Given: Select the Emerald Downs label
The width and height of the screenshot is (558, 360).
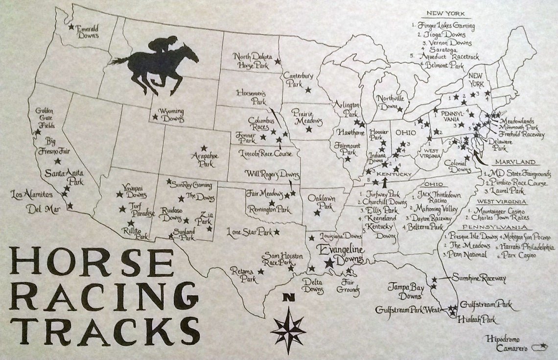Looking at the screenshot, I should coord(89,32).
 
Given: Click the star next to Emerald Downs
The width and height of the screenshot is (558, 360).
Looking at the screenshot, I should coord(71,27).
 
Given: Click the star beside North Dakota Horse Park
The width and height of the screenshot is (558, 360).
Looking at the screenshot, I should coord(278,61).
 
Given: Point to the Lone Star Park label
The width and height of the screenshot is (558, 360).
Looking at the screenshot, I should coord(249,231).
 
